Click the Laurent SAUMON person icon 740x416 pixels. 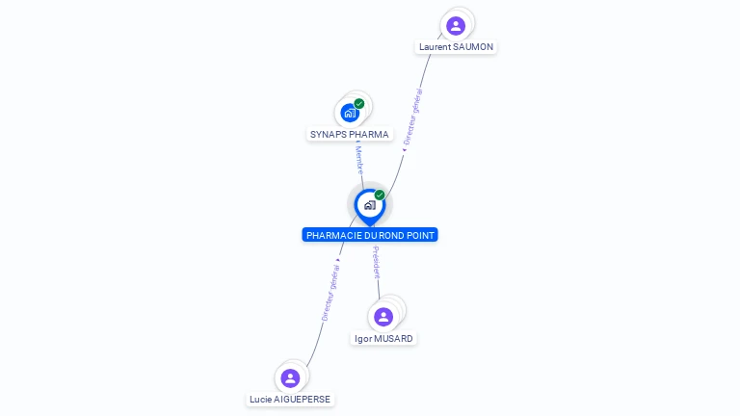(456, 25)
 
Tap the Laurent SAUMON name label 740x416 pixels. (457, 47)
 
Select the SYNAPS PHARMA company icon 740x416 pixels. (350, 113)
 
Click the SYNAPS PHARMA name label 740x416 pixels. (350, 135)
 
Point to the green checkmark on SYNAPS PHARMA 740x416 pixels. (359, 103)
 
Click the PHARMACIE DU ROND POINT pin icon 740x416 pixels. (369, 205)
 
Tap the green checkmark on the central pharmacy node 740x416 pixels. (380, 195)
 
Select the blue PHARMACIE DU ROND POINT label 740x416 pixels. (370, 235)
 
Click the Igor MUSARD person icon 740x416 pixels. (383, 317)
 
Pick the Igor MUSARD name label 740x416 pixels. (383, 339)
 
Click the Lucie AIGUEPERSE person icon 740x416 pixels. (290, 377)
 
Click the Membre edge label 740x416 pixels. (358, 159)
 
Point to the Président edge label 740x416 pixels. (376, 262)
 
